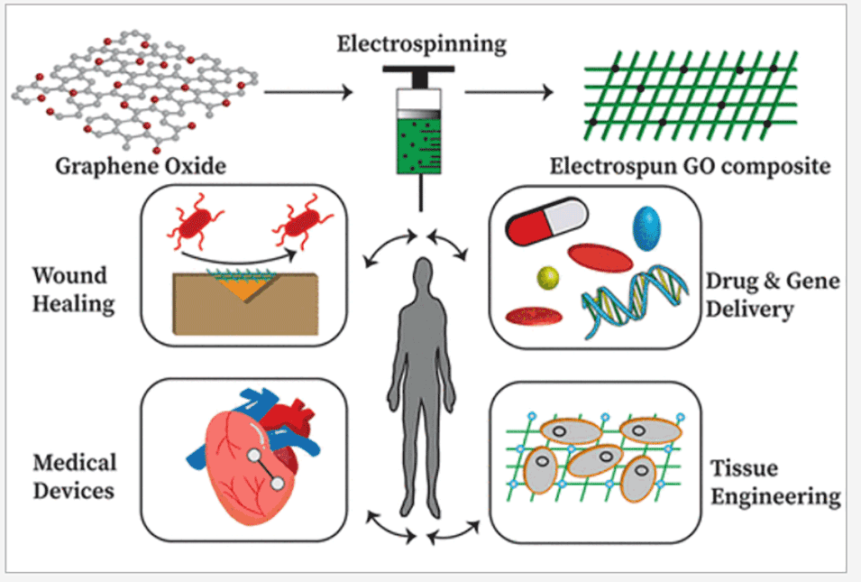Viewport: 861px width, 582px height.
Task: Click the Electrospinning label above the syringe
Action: (x=421, y=43)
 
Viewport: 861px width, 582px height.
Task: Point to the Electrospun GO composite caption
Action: (x=690, y=167)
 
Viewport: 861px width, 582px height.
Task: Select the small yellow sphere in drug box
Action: (x=547, y=276)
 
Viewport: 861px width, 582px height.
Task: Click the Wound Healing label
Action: (x=70, y=289)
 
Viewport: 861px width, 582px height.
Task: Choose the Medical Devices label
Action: (x=75, y=476)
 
